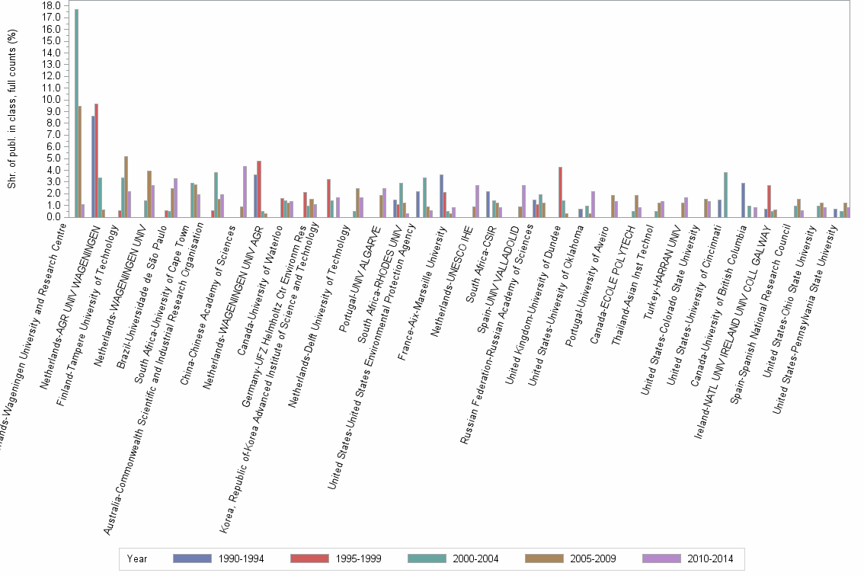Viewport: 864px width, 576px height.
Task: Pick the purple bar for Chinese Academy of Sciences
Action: (x=245, y=191)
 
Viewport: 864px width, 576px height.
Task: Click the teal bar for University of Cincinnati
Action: (x=725, y=194)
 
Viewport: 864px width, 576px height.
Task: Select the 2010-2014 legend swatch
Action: (x=663, y=558)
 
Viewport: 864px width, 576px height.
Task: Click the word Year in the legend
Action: (x=138, y=558)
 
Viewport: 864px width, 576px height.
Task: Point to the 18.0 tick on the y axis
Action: (x=51, y=5)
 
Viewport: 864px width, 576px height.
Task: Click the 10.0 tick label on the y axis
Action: (x=51, y=99)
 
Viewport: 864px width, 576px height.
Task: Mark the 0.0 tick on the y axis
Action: (x=53, y=216)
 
